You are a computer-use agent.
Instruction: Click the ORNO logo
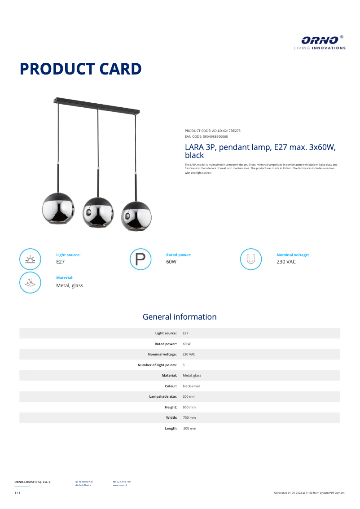320,42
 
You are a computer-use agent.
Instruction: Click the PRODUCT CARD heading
81,69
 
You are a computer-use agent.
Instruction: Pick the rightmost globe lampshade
137,216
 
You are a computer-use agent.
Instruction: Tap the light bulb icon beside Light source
30,259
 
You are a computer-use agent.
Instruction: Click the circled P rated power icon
140,259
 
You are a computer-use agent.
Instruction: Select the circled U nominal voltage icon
251,259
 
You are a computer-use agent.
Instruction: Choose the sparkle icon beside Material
30,282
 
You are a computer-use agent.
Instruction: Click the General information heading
180,317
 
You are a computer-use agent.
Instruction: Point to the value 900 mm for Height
189,407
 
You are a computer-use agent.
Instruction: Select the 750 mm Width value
189,417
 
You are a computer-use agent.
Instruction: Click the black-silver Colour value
191,386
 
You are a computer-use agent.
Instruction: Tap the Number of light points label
157,365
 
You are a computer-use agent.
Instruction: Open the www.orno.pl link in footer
119,485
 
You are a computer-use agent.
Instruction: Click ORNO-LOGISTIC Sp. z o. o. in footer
33,482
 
